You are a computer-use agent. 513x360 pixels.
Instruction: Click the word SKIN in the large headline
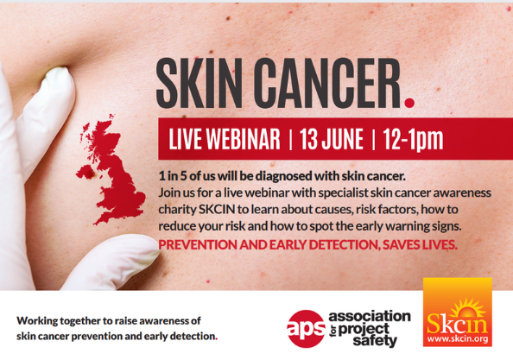point(199,84)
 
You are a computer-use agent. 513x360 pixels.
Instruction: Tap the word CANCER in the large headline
point(328,84)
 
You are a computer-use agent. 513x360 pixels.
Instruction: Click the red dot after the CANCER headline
point(409,103)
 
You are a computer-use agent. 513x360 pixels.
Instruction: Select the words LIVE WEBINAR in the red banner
point(225,139)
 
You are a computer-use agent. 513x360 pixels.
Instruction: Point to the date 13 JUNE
point(332,139)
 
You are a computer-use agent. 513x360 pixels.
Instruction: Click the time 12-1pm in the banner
point(413,140)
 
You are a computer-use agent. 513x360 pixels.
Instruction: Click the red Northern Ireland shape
point(86,172)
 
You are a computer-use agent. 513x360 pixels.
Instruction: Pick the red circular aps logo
point(306,329)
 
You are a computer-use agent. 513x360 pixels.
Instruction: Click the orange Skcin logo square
point(458,312)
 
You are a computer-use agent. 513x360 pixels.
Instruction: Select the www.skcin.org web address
point(458,338)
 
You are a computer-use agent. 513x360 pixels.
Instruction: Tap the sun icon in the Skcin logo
point(468,307)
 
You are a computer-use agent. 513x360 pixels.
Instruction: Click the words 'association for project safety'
point(370,329)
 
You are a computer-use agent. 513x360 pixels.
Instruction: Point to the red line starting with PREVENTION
point(307,245)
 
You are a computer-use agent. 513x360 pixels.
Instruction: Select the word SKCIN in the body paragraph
point(217,209)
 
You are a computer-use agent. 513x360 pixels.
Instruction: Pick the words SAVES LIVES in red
point(420,245)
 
